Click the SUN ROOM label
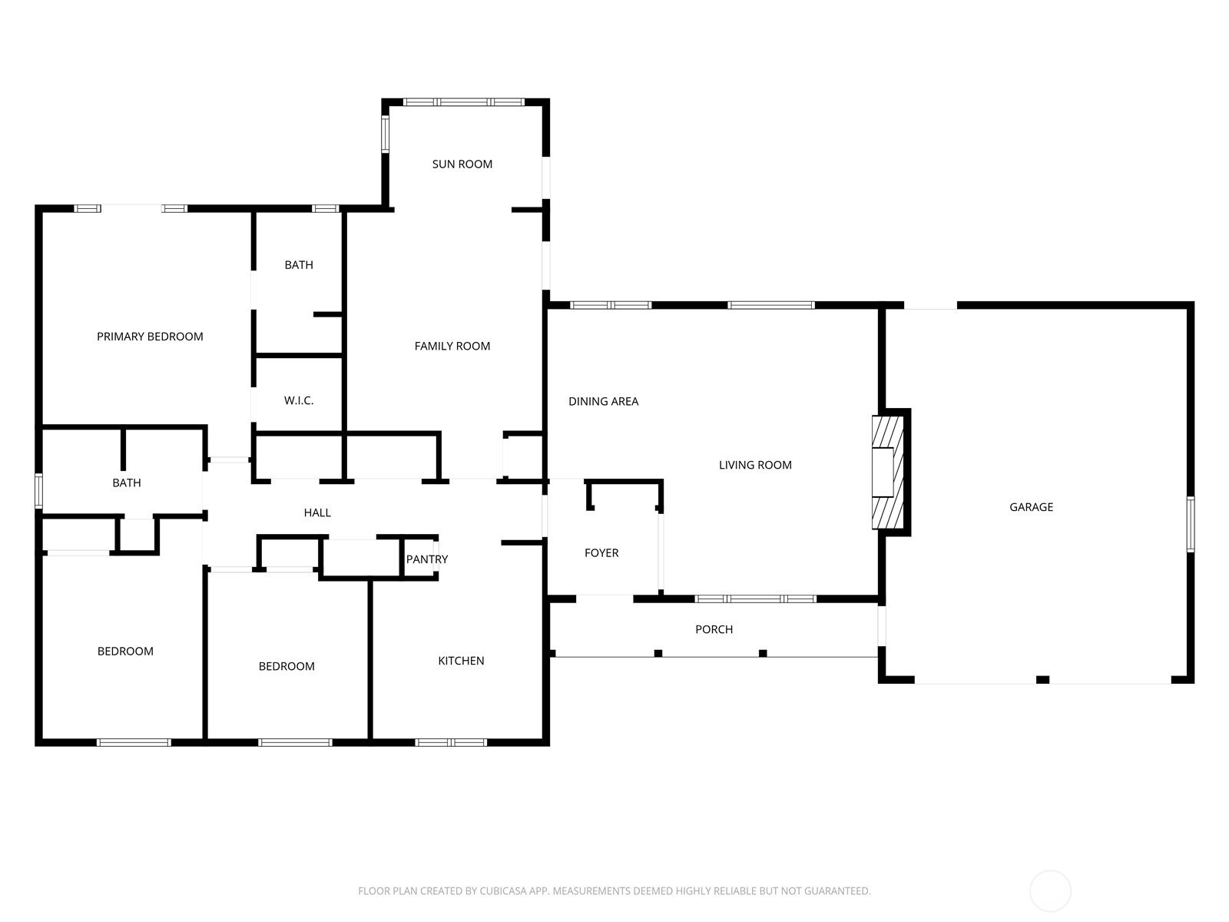pyautogui.click(x=462, y=164)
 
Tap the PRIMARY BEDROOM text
pyautogui.click(x=150, y=337)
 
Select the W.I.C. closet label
pyautogui.click(x=299, y=400)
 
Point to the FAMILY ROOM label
pyautogui.click(x=452, y=346)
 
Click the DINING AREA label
pyautogui.click(x=603, y=401)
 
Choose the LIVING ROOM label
pyautogui.click(x=755, y=465)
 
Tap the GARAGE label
pyautogui.click(x=1031, y=507)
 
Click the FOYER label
pyautogui.click(x=601, y=553)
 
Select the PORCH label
pyautogui.click(x=714, y=629)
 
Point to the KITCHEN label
pyautogui.click(x=461, y=661)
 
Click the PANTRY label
pyautogui.click(x=426, y=559)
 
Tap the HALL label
pyautogui.click(x=317, y=512)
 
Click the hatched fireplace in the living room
pyautogui.click(x=888, y=473)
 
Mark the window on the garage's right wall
pyautogui.click(x=1191, y=524)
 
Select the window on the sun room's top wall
pyautogui.click(x=464, y=102)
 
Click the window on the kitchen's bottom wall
pyautogui.click(x=451, y=743)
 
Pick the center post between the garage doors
pyautogui.click(x=1042, y=680)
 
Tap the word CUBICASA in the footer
pyautogui.click(x=504, y=890)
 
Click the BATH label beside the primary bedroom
pyautogui.click(x=299, y=265)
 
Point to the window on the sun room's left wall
pyautogui.click(x=386, y=134)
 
